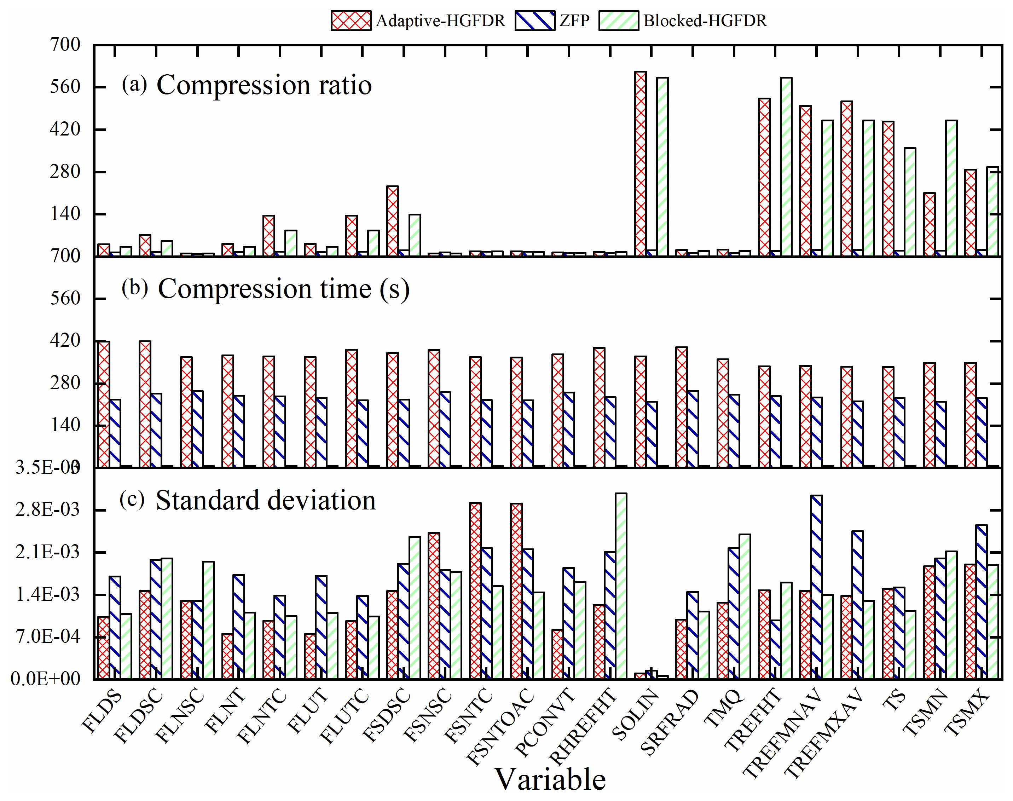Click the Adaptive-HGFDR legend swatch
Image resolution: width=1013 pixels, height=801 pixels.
[x=351, y=21]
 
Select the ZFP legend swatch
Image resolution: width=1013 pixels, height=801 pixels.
[x=534, y=21]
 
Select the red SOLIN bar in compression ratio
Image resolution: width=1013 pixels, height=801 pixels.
[x=640, y=164]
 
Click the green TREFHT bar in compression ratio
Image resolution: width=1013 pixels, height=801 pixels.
[x=786, y=167]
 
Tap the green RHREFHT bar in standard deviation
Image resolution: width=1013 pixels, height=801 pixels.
[x=621, y=586]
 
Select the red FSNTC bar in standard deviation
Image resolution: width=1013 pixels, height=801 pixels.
[x=475, y=590]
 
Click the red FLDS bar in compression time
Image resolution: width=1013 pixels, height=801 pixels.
[x=104, y=404]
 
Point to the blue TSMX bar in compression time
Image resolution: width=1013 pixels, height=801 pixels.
[x=981, y=432]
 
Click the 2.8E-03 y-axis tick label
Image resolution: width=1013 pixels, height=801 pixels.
[x=48, y=510]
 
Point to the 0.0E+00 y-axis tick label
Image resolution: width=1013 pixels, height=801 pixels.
[x=46, y=679]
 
